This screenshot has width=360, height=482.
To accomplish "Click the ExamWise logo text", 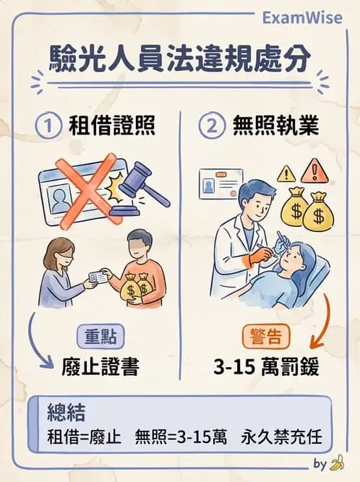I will point(303,17).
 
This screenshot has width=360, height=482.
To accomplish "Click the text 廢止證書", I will point(101,366).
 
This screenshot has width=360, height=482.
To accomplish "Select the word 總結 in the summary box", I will point(67,413).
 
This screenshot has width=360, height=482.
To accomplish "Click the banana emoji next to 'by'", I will point(336,463).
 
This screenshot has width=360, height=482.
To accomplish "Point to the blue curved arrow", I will point(39,340).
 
